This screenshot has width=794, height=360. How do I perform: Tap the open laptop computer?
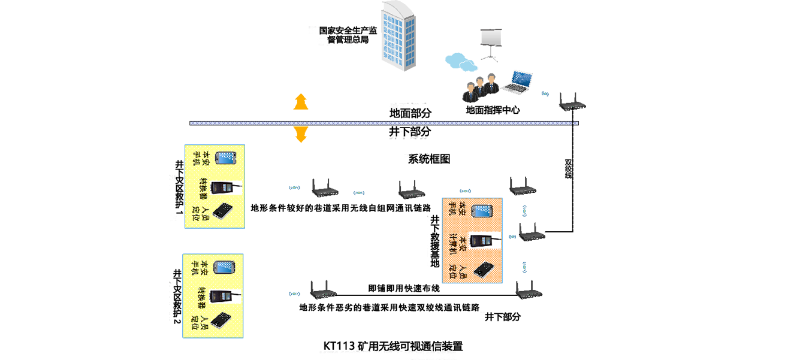coord(518,82)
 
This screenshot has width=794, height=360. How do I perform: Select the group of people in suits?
coord(482,90)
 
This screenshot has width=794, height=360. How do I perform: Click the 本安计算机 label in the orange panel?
coord(458,241)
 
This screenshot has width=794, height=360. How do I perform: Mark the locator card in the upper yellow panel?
coord(224,213)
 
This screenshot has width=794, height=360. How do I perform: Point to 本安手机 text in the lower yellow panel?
coord(200,268)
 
